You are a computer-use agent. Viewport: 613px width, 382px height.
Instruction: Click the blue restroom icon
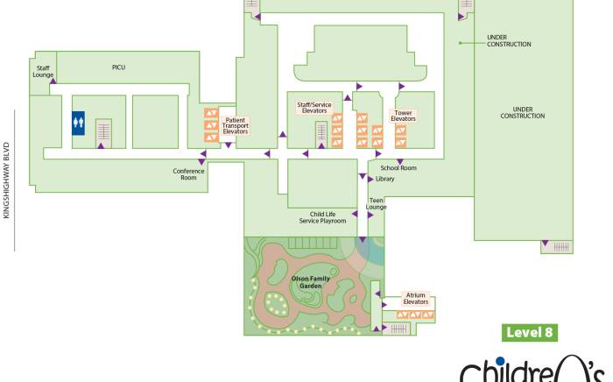pos(79,124)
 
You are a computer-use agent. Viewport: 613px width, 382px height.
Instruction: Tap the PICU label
pos(119,67)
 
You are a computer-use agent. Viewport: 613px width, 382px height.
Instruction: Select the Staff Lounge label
pos(43,72)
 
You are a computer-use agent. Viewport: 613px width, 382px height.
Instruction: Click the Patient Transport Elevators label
pos(236,126)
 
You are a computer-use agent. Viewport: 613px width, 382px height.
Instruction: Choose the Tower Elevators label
pos(403,117)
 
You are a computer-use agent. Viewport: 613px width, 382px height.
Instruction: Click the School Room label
pos(398,168)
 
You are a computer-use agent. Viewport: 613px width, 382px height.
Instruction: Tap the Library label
pos(384,179)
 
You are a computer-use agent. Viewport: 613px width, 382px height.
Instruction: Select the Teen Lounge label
pos(377,204)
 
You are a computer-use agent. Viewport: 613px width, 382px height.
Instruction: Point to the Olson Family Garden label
pos(312,281)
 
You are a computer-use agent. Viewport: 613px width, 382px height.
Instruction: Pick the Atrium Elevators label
pos(416,299)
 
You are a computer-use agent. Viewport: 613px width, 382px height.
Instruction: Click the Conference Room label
pos(188,173)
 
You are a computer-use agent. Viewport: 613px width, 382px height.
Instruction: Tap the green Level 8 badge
pos(531,333)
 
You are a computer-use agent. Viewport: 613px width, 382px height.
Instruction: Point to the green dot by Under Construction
pos(461,42)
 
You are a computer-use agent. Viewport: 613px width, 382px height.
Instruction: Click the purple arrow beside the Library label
pos(370,179)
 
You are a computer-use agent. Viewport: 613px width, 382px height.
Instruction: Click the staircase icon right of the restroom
pos(102,132)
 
